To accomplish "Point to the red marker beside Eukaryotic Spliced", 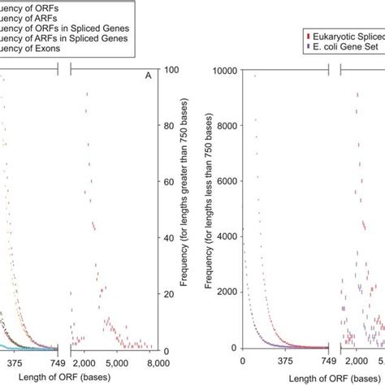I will [305, 37].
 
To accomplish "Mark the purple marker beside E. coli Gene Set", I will [305, 47].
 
